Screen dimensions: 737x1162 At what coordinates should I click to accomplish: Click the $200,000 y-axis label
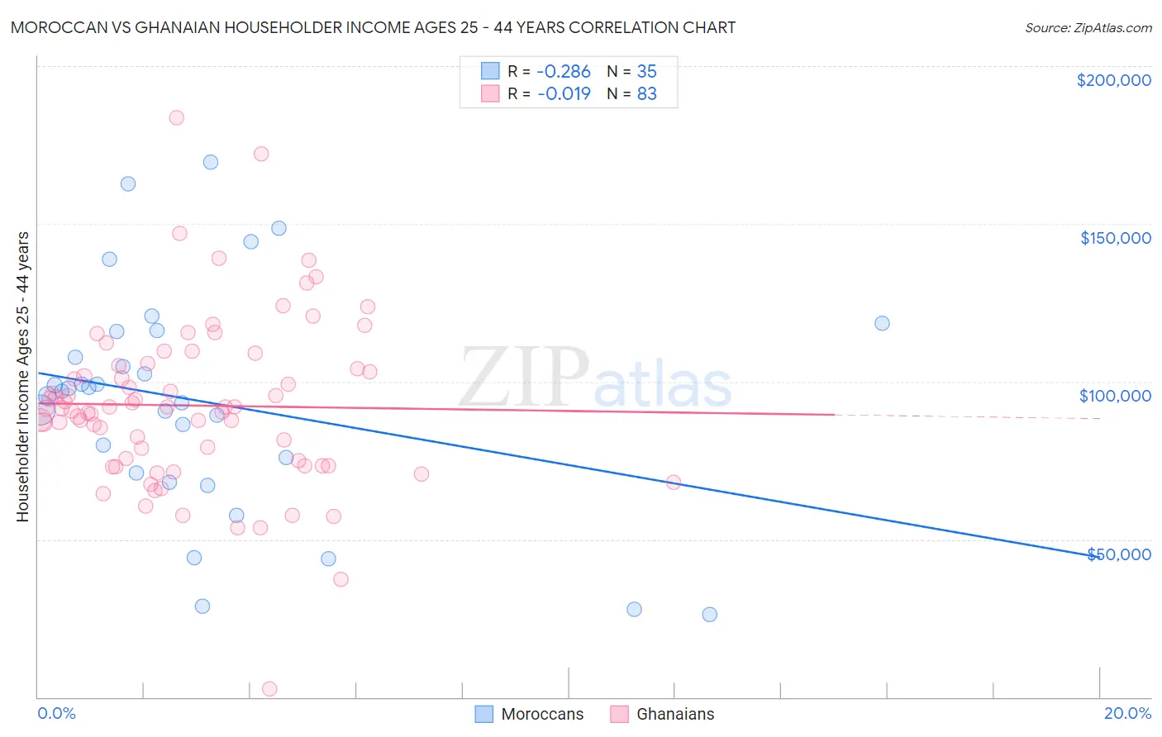[1113, 80]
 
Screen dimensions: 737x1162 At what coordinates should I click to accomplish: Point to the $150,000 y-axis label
[1115, 238]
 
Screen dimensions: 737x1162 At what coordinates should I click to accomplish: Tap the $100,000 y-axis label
[1115, 396]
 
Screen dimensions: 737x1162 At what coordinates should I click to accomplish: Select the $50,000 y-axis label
[1118, 554]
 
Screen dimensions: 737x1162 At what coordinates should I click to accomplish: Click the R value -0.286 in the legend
[564, 71]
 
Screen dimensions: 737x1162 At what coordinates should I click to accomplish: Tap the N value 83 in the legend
[646, 94]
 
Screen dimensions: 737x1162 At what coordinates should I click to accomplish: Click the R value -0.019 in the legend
[564, 94]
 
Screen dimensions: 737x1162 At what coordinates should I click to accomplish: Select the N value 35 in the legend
[646, 71]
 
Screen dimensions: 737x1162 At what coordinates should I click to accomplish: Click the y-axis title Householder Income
[22, 376]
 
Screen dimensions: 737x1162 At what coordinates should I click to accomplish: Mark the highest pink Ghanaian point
[176, 117]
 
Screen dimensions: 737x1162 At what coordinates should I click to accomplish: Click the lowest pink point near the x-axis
[269, 689]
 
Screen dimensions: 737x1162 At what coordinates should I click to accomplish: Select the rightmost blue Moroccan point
[882, 323]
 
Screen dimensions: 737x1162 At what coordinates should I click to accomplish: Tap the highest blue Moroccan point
[211, 162]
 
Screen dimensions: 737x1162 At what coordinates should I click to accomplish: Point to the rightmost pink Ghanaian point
[674, 483]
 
